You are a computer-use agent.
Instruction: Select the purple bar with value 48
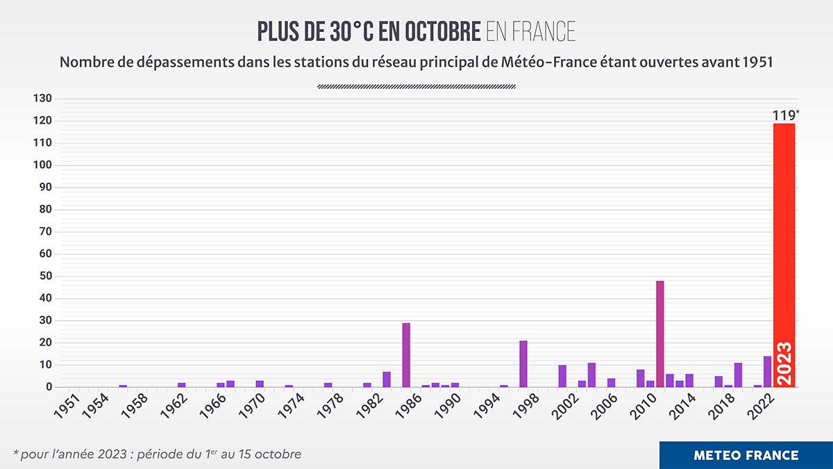659,334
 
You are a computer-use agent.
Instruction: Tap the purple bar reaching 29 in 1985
406,354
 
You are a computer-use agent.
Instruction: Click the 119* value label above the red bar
785,115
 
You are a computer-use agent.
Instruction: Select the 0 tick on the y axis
49,387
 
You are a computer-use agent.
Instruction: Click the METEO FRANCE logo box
746,455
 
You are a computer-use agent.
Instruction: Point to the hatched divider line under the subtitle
416,87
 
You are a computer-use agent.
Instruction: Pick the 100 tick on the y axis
43,165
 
